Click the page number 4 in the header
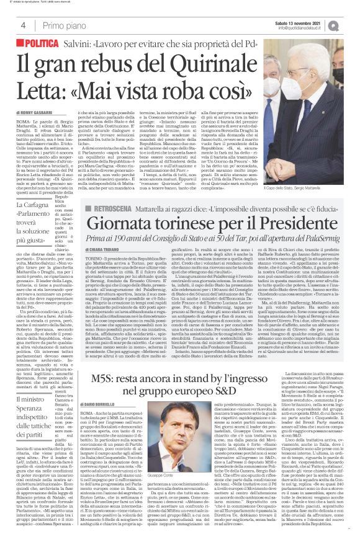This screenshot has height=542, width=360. pos(22,25)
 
